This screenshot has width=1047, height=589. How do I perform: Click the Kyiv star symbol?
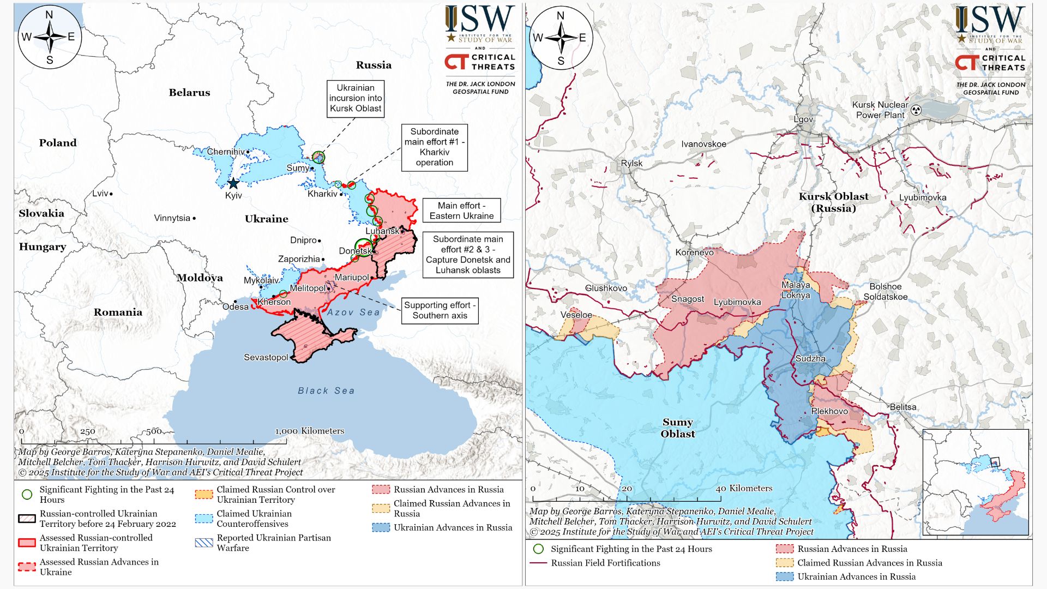[x=233, y=183]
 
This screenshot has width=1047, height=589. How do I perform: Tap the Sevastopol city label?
[x=266, y=357]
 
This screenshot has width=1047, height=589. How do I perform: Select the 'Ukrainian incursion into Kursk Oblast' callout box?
[x=356, y=99]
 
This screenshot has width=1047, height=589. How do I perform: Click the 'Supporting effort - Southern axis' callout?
[x=440, y=310]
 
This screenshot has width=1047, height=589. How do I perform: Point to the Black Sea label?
[x=326, y=390]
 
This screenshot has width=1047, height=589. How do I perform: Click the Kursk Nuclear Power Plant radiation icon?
[x=916, y=110]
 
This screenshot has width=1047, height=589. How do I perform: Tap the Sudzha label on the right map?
[x=810, y=358]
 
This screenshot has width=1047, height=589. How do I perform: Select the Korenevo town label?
[x=694, y=252]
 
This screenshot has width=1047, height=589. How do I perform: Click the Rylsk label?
[x=631, y=163]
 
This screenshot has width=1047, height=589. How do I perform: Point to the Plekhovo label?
[x=829, y=411]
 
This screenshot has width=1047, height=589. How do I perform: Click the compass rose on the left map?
[x=50, y=37]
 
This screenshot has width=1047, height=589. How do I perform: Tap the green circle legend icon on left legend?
[x=27, y=495]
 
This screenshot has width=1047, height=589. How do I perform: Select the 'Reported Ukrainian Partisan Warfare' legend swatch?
[x=204, y=543]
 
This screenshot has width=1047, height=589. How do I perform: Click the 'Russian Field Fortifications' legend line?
[x=538, y=563]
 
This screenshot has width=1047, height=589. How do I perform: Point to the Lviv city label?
[x=100, y=193]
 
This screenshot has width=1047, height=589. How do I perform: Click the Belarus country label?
[x=189, y=92]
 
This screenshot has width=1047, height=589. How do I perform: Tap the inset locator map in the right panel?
[x=975, y=482]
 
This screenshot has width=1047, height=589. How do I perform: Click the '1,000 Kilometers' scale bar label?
[x=309, y=431]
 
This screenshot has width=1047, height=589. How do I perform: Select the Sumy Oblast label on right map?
[x=677, y=428]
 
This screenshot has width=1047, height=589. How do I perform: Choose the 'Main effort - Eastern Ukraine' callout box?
[x=461, y=211]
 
